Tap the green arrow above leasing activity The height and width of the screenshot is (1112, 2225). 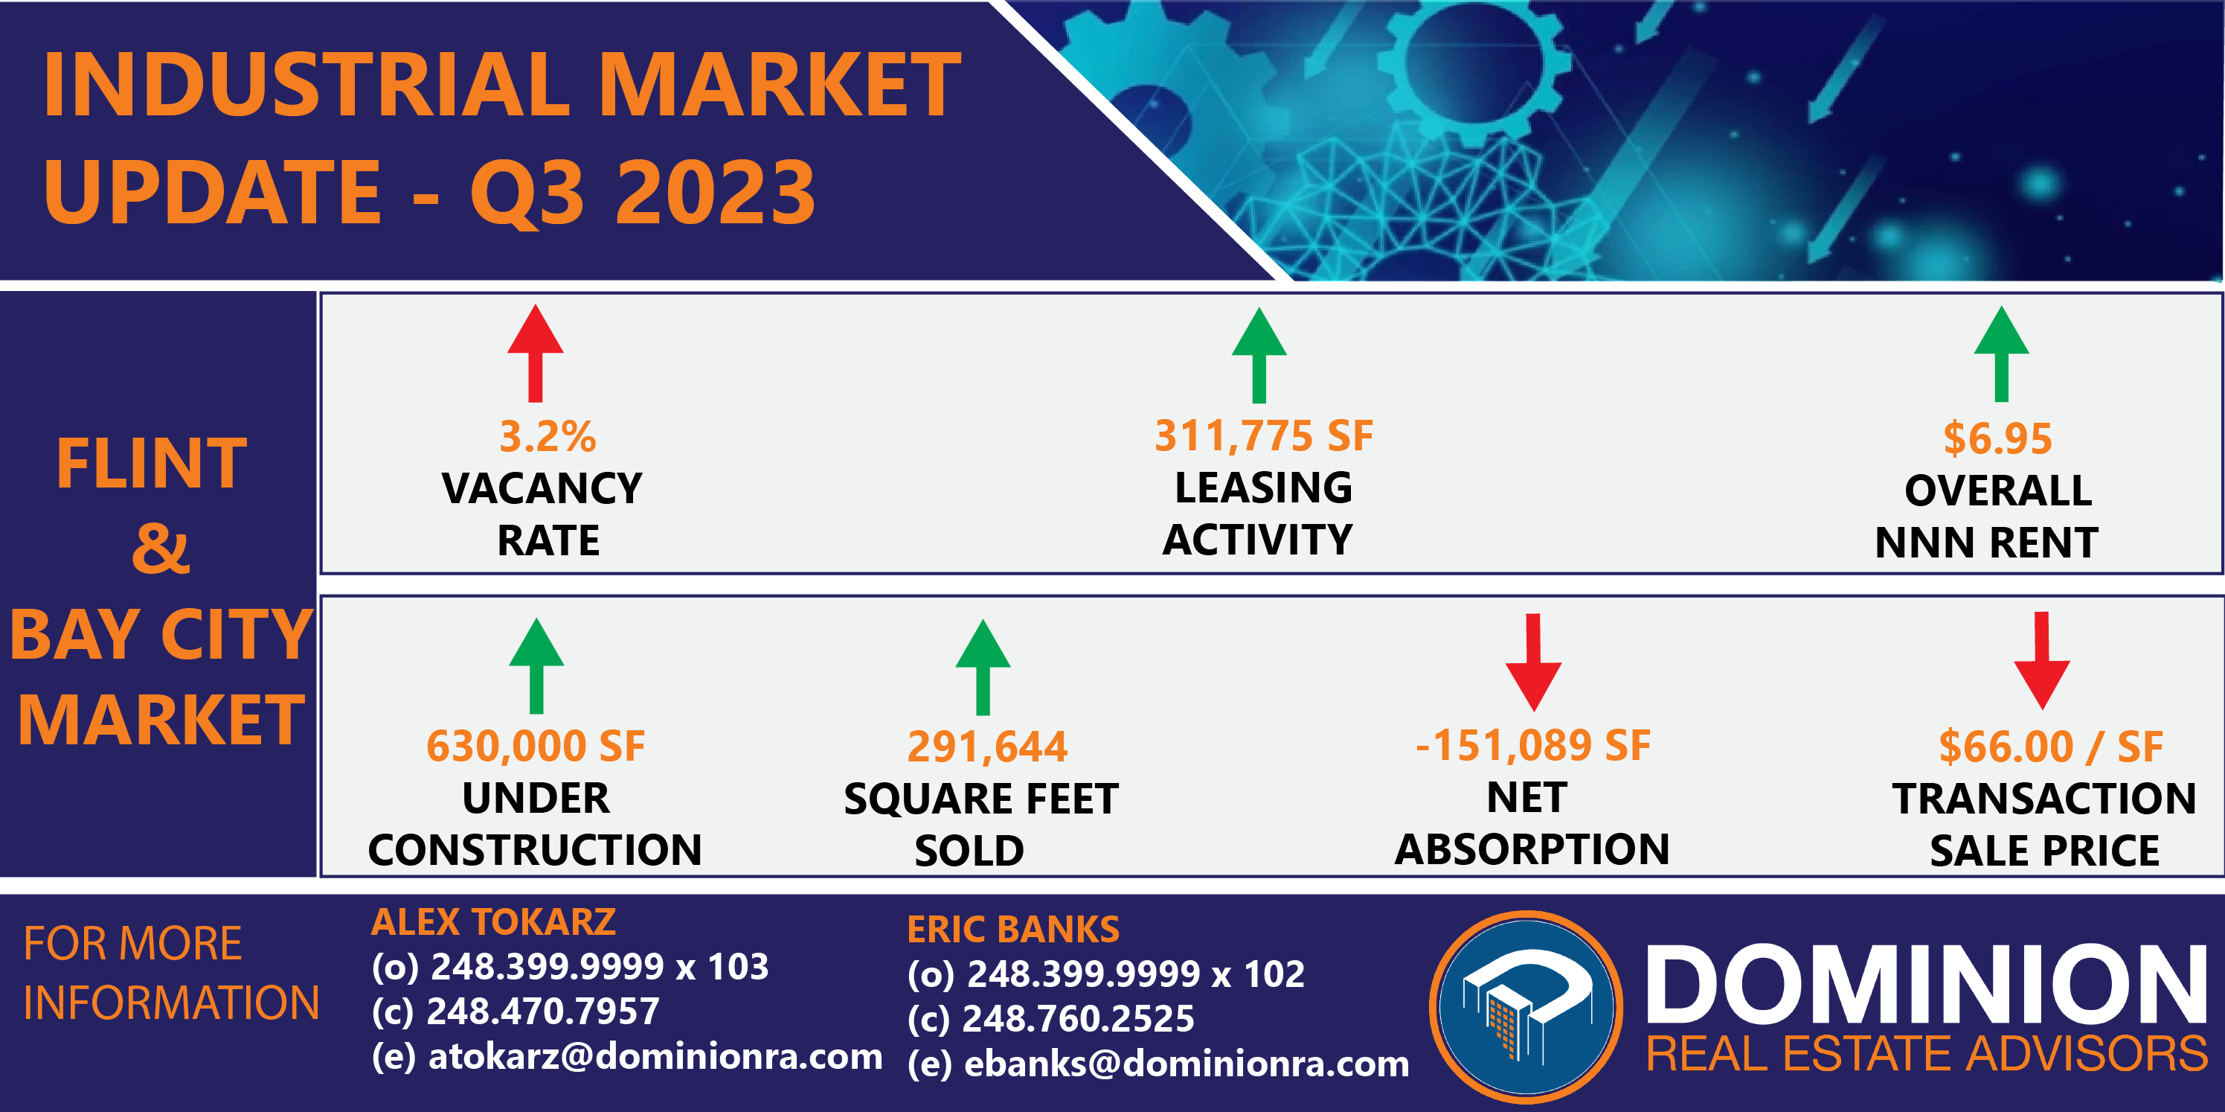pyautogui.click(x=1259, y=355)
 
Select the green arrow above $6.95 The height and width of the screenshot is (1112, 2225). pyautogui.click(x=2001, y=354)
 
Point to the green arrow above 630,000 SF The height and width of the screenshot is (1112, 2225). pyautogui.click(x=536, y=665)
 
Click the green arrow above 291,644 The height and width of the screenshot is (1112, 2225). pyautogui.click(x=983, y=667)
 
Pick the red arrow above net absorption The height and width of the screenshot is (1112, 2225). pyautogui.click(x=1533, y=662)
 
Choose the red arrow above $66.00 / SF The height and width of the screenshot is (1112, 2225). pyautogui.click(x=2042, y=661)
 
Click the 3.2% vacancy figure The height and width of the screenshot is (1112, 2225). pyautogui.click(x=548, y=436)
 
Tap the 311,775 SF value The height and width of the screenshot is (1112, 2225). pyautogui.click(x=1264, y=435)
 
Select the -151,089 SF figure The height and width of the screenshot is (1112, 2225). pyautogui.click(x=1533, y=745)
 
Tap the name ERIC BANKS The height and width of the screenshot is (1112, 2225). pyautogui.click(x=1013, y=930)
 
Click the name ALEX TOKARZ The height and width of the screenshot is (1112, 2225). pyautogui.click(x=493, y=922)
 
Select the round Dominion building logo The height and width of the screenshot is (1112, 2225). pyautogui.click(x=1526, y=1006)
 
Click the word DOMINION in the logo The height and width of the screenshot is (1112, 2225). pyautogui.click(x=1927, y=984)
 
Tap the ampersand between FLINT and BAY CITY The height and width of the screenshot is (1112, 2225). pyautogui.click(x=161, y=548)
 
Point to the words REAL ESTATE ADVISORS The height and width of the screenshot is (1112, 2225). pyautogui.click(x=1927, y=1054)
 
